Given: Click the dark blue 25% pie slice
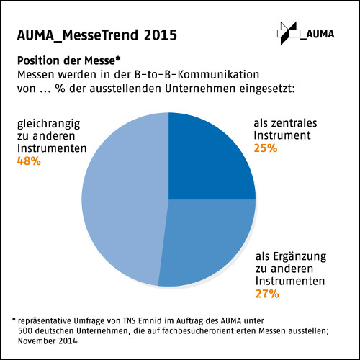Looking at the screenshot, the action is [204, 163].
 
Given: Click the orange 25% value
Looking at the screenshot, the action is [266, 148].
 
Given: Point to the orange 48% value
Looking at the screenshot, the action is [29, 161].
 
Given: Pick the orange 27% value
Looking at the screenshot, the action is [267, 294].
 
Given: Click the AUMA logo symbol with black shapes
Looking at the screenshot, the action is [289, 33].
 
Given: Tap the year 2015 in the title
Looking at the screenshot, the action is [161, 35].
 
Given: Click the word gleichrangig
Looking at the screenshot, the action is [49, 125].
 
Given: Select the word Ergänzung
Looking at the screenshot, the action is [300, 257].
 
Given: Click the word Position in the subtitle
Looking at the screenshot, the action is [39, 60].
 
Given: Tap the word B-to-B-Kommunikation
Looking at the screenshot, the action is [197, 74].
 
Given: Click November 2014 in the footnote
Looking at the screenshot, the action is [48, 341].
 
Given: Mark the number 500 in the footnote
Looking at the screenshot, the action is [25, 330].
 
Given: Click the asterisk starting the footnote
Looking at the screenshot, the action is [14, 320].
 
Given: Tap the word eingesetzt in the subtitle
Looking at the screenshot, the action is [267, 89].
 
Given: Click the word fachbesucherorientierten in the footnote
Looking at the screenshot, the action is [209, 330].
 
